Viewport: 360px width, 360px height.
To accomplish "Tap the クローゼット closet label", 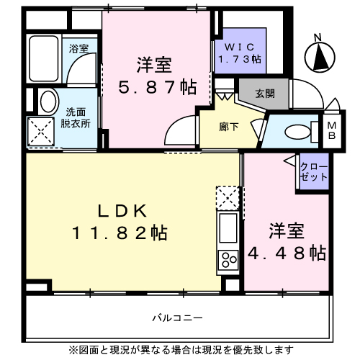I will tap(314, 172).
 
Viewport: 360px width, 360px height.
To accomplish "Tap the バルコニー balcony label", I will tap(177, 318).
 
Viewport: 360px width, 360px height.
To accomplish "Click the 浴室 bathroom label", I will tap(78, 50).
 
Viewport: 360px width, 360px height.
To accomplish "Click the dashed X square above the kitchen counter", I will tap(228, 197).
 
